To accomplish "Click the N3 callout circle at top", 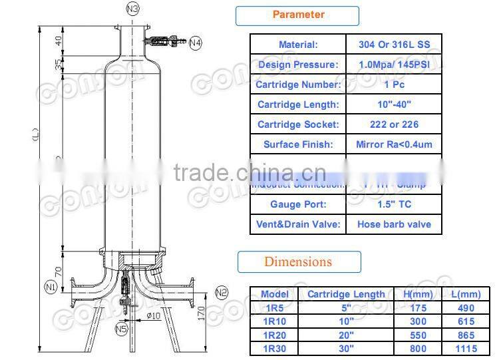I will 133,9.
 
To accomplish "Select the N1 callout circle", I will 51,287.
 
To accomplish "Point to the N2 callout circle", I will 222,292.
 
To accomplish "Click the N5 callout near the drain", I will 121,328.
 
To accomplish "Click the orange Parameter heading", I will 298,15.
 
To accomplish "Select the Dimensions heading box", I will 299,262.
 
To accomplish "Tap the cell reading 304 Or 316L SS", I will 394,45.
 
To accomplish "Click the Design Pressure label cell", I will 297,65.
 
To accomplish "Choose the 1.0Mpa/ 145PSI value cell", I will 394,65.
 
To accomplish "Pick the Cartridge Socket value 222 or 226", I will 394,124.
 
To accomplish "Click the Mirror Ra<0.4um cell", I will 394,144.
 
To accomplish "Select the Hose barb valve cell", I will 394,224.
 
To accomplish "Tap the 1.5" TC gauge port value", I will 394,204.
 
